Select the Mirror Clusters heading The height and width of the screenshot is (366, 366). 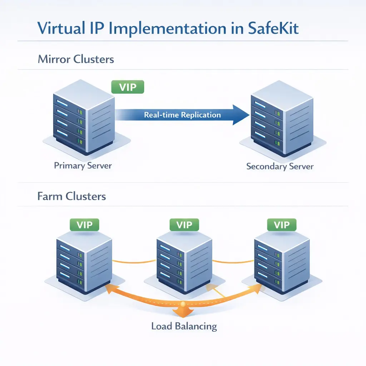click(76, 59)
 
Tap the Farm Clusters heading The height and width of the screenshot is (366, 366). click(71, 196)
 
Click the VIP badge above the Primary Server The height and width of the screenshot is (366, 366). click(128, 87)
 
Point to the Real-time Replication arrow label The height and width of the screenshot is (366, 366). click(182, 115)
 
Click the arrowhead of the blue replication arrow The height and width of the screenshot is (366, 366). click(240, 115)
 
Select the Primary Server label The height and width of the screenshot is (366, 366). click(83, 166)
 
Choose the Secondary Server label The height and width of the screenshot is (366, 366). click(280, 167)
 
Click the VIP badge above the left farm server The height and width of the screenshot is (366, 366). click(84, 225)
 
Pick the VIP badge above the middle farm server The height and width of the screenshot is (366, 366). click(184, 225)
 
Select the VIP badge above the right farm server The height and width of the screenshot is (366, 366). click(282, 225)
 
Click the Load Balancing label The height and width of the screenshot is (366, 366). click(184, 326)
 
